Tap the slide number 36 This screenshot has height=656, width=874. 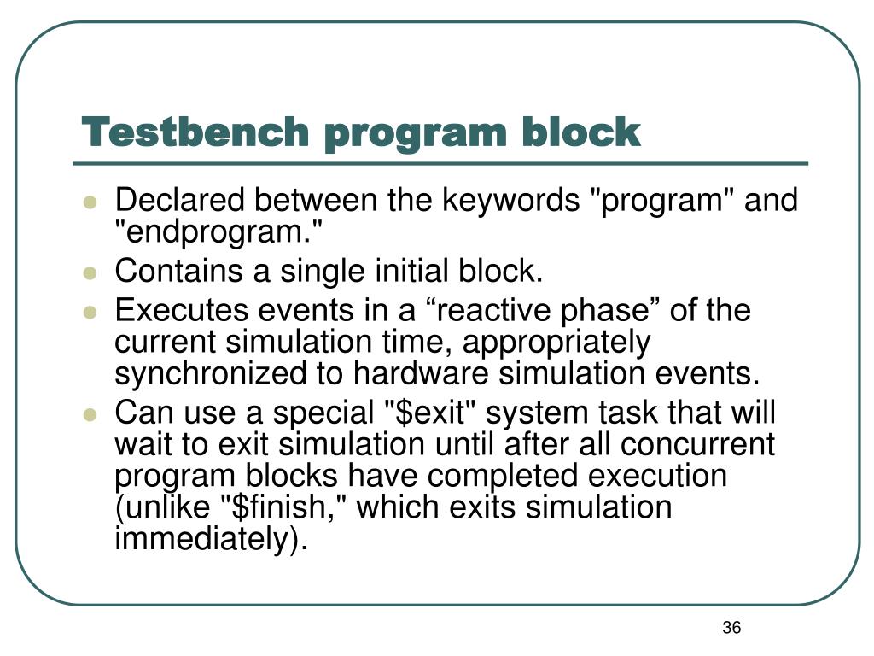pos(731,629)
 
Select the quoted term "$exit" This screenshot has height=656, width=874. pos(431,413)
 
